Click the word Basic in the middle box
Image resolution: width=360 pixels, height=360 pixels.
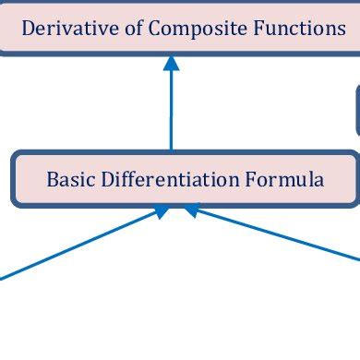[66, 179]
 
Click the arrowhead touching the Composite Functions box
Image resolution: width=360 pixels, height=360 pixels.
[171, 64]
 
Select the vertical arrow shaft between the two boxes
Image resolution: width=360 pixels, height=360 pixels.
[171, 111]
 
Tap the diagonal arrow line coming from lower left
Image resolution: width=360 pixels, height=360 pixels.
[74, 245]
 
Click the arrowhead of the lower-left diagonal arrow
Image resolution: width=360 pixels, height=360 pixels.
[161, 212]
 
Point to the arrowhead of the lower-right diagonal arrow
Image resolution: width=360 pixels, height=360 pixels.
[191, 211]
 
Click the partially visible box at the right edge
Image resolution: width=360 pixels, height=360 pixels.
[357, 111]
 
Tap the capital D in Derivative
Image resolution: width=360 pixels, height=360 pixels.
[27, 29]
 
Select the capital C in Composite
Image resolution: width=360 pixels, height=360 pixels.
[154, 29]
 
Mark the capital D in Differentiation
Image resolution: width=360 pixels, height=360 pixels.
[97, 179]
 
